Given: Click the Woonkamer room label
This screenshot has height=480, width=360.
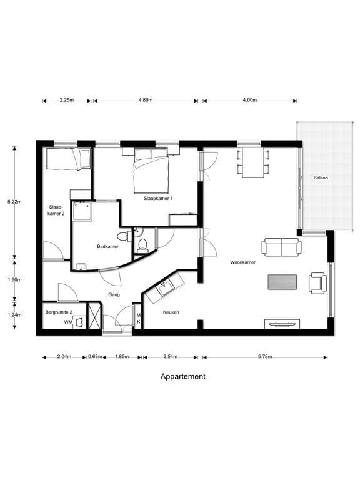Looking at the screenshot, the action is pos(242,262).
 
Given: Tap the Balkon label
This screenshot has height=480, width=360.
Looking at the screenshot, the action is pos(321,177).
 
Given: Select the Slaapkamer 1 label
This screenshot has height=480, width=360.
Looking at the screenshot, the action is pos(158,198).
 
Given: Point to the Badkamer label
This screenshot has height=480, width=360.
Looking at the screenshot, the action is pos(107,246).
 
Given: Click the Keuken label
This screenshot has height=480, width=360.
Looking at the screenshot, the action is pos(171,312).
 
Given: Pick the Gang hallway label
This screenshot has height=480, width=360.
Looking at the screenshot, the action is pos(114,295).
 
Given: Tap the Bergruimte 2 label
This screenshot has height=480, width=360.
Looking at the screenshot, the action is pos(59,312).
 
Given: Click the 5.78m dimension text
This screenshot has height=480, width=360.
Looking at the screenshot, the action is pos(266,357).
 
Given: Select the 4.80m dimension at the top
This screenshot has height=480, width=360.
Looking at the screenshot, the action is pos(146,100).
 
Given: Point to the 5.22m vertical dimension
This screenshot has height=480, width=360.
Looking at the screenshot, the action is pos(14,202).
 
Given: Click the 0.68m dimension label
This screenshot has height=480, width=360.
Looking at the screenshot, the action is pos(95,357).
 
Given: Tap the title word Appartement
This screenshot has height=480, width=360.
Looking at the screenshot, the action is pos(182,376).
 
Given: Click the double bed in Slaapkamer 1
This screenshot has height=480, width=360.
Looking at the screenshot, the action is pos(151,171).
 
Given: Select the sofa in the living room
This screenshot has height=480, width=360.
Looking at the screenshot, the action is pos(281,247).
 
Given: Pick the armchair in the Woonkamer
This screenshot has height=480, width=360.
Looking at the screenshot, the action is pos(317,283).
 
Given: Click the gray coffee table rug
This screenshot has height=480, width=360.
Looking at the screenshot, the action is pos(282,282).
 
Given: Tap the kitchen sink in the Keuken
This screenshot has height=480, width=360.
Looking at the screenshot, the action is pos(165,288).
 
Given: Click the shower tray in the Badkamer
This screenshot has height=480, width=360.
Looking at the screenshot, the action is pos(82,211).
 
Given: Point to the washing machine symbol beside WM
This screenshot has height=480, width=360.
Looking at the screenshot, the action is pos(80,322).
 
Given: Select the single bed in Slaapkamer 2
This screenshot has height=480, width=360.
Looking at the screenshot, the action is pos(68,159).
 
